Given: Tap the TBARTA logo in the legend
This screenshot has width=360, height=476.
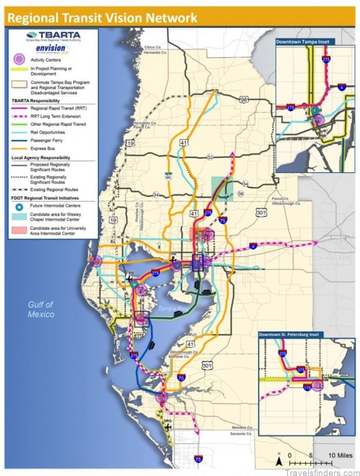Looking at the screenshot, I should coord(53,36).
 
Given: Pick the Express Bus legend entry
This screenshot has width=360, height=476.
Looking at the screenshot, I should coord(42,148).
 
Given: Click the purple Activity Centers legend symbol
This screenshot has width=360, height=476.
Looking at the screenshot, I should coord(18,59).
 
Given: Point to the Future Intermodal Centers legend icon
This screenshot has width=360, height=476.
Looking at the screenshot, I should coord(18,205).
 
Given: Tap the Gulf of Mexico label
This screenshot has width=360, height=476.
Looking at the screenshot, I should coord(40,309).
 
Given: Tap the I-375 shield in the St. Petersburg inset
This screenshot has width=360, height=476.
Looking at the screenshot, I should coord(301,370).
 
